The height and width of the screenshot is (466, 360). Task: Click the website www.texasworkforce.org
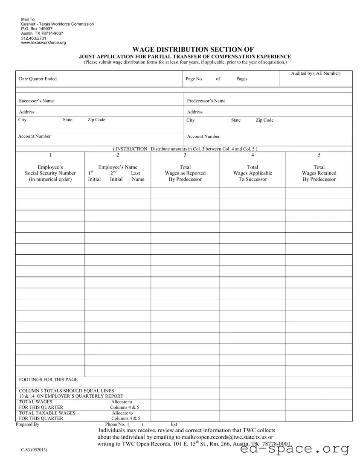[x=44, y=43]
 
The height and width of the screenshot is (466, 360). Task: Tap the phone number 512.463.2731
[x=34, y=38]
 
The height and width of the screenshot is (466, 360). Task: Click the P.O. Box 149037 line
[x=37, y=29]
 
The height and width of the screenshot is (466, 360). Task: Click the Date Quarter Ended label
[x=38, y=79]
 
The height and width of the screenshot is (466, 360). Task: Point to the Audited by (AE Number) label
[x=316, y=74]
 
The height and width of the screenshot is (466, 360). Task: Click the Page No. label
[x=194, y=79]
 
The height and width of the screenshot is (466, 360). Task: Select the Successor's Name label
[x=36, y=101]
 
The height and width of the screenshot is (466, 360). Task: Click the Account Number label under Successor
[x=34, y=137]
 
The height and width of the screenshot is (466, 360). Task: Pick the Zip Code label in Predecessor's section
[x=264, y=120]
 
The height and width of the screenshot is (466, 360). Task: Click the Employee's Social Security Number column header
[x=50, y=173]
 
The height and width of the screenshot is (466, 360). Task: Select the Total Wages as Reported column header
[x=185, y=173]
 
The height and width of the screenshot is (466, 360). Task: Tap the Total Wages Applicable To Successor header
[x=253, y=173]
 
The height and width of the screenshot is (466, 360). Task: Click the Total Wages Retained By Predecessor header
[x=319, y=173]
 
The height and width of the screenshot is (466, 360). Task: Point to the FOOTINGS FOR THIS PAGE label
[x=48, y=379]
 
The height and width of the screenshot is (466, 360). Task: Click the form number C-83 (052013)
[x=33, y=451]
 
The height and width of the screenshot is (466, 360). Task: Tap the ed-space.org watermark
[x=294, y=449]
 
